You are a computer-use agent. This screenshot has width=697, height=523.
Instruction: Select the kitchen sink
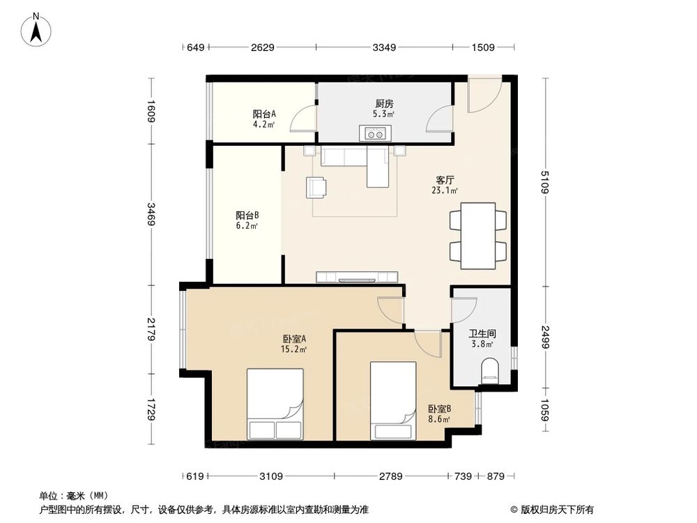tap(376, 132)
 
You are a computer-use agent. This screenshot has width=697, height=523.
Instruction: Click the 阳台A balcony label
tap(264, 114)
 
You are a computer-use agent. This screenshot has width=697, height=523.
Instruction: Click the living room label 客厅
tap(444, 179)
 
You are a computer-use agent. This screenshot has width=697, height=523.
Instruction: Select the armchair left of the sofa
tap(316, 187)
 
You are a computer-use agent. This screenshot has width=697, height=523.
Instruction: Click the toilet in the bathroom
tap(491, 370)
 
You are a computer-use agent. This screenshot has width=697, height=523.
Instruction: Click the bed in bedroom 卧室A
tap(275, 404)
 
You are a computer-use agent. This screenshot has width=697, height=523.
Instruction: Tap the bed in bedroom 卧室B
tap(393, 400)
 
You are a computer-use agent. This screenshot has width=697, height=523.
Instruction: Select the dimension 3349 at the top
tap(384, 47)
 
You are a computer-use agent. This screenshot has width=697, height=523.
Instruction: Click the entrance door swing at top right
tap(483, 94)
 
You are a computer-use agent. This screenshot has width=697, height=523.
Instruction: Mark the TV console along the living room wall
tap(357, 277)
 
